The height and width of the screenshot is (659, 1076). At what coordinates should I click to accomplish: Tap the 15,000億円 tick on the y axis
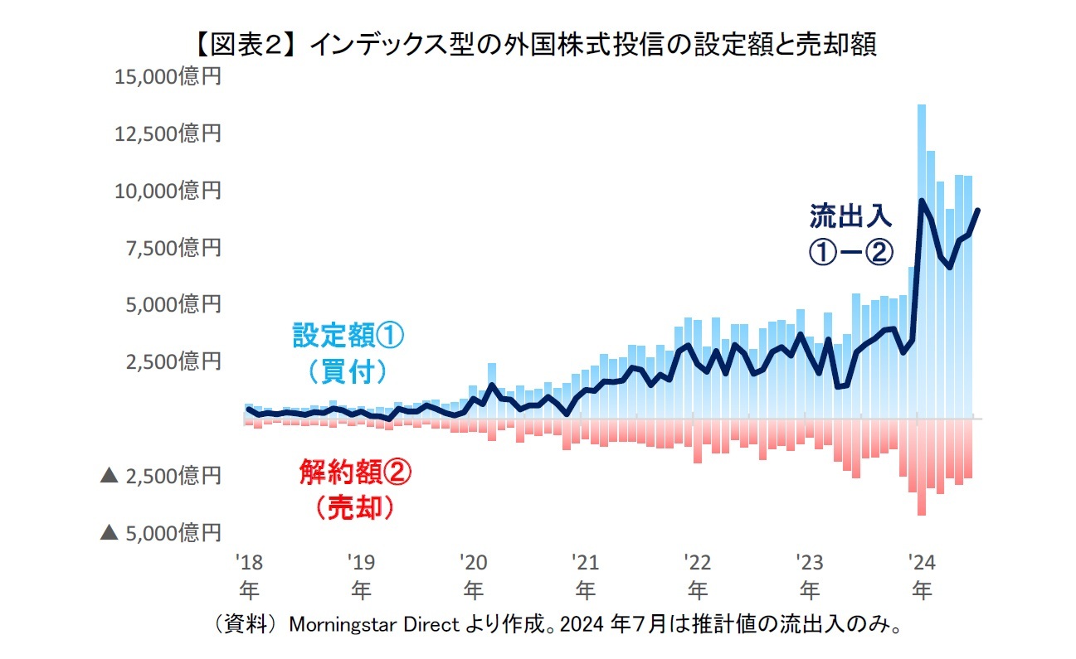click(x=168, y=77)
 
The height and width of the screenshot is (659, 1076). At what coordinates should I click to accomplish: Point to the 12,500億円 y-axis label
click(x=168, y=133)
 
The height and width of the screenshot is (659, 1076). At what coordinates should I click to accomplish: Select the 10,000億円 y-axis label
click(x=168, y=191)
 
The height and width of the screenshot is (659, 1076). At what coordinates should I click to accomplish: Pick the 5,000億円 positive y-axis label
click(x=174, y=304)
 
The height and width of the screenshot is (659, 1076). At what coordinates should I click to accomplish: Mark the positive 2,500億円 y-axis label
click(x=174, y=361)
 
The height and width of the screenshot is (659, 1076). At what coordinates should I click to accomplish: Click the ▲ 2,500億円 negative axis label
click(x=161, y=476)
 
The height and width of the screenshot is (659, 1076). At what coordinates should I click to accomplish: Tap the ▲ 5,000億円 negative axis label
click(x=161, y=532)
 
